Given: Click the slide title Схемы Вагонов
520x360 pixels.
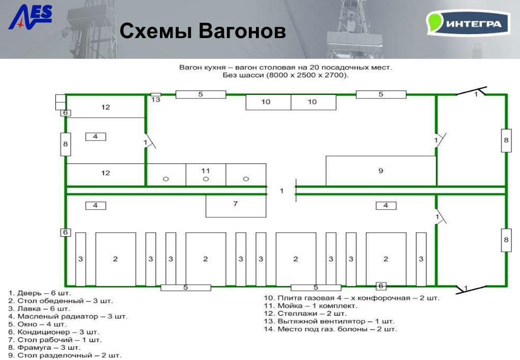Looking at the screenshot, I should (x=203, y=31).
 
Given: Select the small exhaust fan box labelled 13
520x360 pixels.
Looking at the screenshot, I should (x=156, y=94).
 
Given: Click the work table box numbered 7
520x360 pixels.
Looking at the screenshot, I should (x=236, y=205).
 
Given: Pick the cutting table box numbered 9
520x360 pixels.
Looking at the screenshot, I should (x=381, y=171).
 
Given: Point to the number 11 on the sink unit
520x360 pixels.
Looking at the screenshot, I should (x=206, y=170).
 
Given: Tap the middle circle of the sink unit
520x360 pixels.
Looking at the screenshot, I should (x=206, y=179).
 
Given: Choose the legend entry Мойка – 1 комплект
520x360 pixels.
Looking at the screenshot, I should (x=317, y=306).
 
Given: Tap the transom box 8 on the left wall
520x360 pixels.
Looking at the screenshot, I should (x=65, y=144).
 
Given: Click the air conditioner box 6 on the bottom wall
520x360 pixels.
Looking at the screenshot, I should (x=381, y=286).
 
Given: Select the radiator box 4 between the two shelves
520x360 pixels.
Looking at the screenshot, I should (x=95, y=136).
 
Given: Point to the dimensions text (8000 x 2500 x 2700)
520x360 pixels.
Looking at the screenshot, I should (x=285, y=75).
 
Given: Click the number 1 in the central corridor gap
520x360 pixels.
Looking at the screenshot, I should (x=281, y=190).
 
